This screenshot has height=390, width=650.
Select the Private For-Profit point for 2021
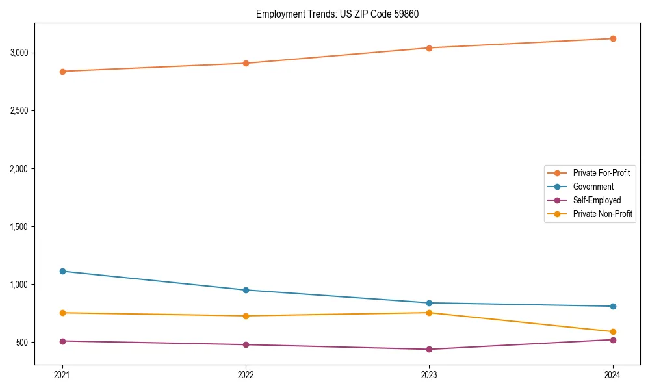62,71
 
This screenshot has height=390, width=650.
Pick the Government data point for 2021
62,271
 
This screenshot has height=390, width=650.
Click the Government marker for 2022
246,290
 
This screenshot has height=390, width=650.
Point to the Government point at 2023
429,303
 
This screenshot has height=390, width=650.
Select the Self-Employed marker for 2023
429,349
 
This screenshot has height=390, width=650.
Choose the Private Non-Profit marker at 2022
246,316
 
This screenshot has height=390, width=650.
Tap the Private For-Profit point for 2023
429,47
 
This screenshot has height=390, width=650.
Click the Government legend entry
593,187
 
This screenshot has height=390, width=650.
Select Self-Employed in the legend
597,200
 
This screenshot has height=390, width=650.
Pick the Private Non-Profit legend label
603,214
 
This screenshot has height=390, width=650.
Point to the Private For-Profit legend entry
601,173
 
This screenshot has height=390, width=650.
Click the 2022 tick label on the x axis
246,374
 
